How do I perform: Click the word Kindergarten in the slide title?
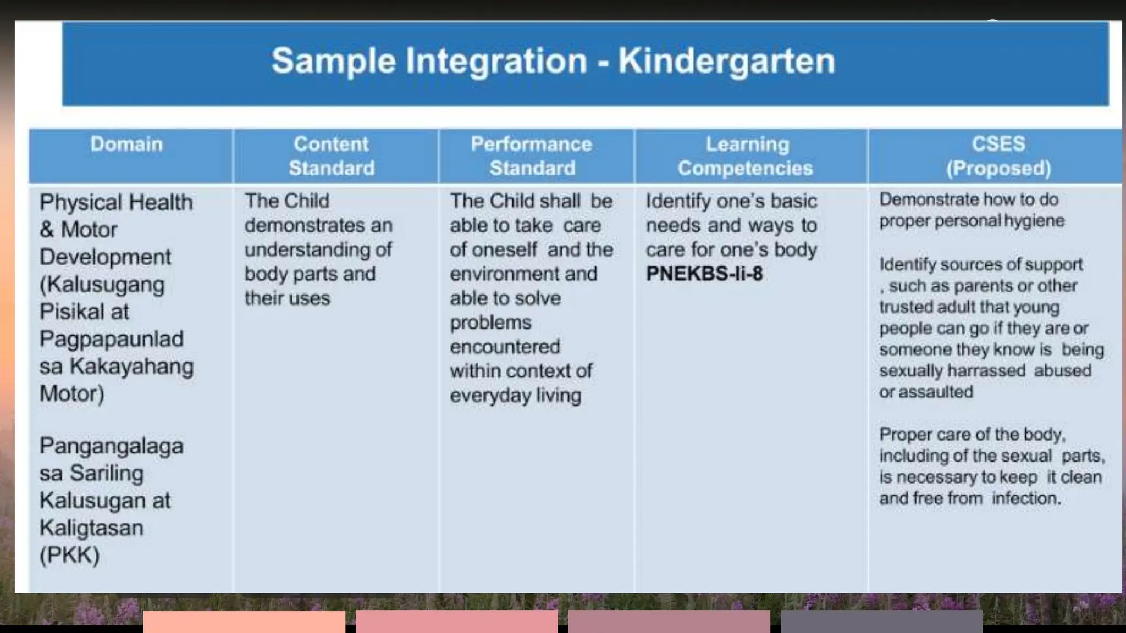(x=726, y=61)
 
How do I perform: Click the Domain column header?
(x=126, y=145)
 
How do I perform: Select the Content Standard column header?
(x=332, y=156)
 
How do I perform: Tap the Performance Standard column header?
(x=532, y=156)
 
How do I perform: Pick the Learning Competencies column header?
(x=746, y=156)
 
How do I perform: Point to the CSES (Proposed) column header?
(x=998, y=156)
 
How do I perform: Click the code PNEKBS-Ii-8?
(x=704, y=274)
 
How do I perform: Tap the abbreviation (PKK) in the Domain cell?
(x=69, y=555)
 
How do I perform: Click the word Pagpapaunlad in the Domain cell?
(x=111, y=339)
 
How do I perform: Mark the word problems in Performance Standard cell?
(x=490, y=323)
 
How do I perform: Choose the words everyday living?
(x=515, y=396)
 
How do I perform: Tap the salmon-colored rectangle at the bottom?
(x=244, y=621)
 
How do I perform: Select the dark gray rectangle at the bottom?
(x=881, y=621)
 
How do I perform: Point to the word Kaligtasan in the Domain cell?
(x=91, y=528)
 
